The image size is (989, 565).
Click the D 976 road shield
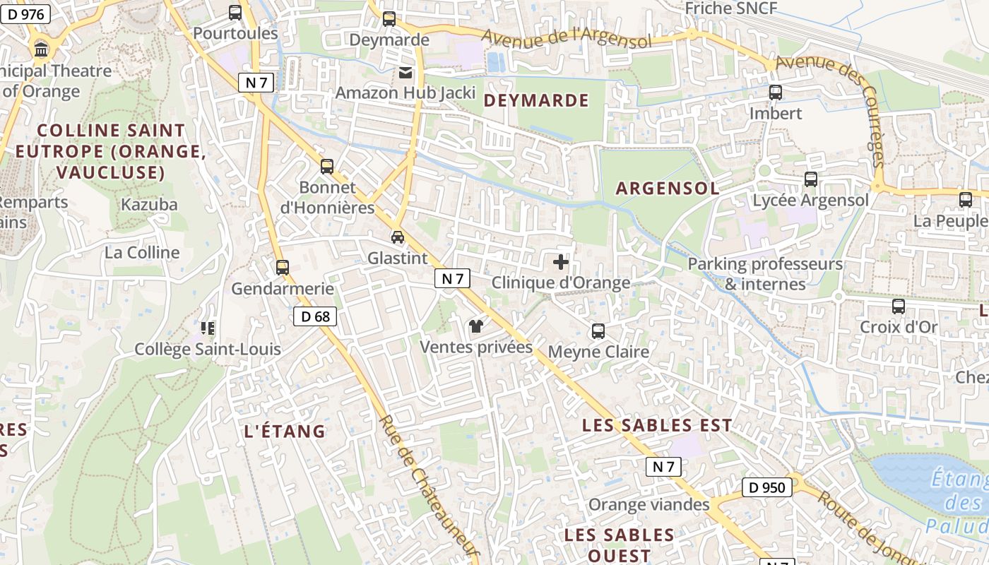click(x=25, y=14)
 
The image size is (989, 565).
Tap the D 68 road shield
click(x=315, y=316)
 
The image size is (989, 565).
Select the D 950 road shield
click(x=767, y=487)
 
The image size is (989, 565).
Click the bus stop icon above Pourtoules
click(x=235, y=13)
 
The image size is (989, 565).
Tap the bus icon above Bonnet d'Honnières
click(x=326, y=167)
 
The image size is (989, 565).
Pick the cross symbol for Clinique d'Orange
click(x=561, y=263)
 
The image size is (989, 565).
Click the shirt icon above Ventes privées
click(x=476, y=326)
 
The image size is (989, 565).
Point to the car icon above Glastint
click(x=398, y=237)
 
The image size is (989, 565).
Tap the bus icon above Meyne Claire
click(x=598, y=331)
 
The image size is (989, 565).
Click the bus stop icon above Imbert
click(x=776, y=93)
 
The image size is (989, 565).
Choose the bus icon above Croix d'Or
click(x=899, y=307)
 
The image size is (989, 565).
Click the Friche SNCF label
click(x=731, y=8)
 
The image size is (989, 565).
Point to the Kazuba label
click(x=149, y=204)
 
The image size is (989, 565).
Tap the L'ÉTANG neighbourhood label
click(x=284, y=431)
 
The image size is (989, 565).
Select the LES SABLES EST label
click(x=656, y=425)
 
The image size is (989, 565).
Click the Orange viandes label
click(x=649, y=504)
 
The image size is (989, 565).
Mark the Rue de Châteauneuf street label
click(x=428, y=487)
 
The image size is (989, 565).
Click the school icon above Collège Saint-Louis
click(x=208, y=328)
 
